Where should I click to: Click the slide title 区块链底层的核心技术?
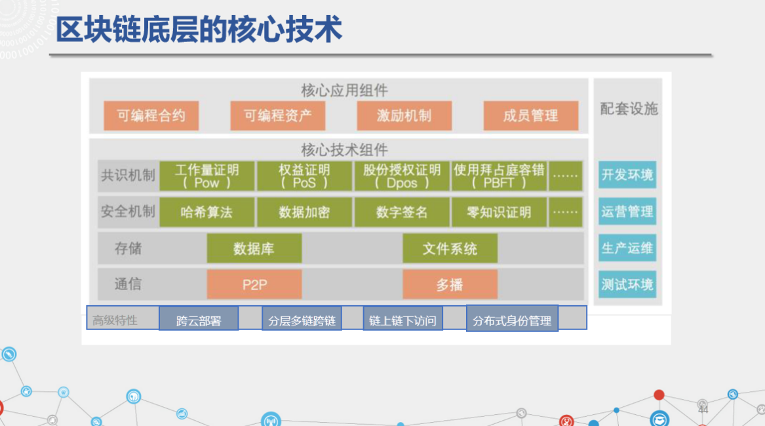tap(199, 30)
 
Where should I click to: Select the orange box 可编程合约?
tap(151, 116)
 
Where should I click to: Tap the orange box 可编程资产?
tap(277, 116)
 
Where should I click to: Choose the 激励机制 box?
tap(404, 116)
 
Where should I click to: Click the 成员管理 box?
tap(531, 116)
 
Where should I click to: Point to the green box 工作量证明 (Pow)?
tap(207, 176)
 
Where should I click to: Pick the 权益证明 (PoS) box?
tap(304, 176)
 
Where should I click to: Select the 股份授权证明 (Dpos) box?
tap(402, 176)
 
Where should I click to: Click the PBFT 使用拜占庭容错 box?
tap(499, 176)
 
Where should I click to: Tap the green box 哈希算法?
tap(207, 212)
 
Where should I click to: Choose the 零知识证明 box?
tap(499, 212)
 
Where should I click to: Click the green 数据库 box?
tap(254, 249)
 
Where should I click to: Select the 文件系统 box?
tap(450, 249)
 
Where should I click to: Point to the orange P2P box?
tap(254, 285)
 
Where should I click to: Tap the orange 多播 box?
tap(450, 285)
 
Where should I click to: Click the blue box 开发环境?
tap(627, 175)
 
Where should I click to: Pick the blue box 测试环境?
tap(627, 284)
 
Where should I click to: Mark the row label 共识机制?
tap(128, 175)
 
